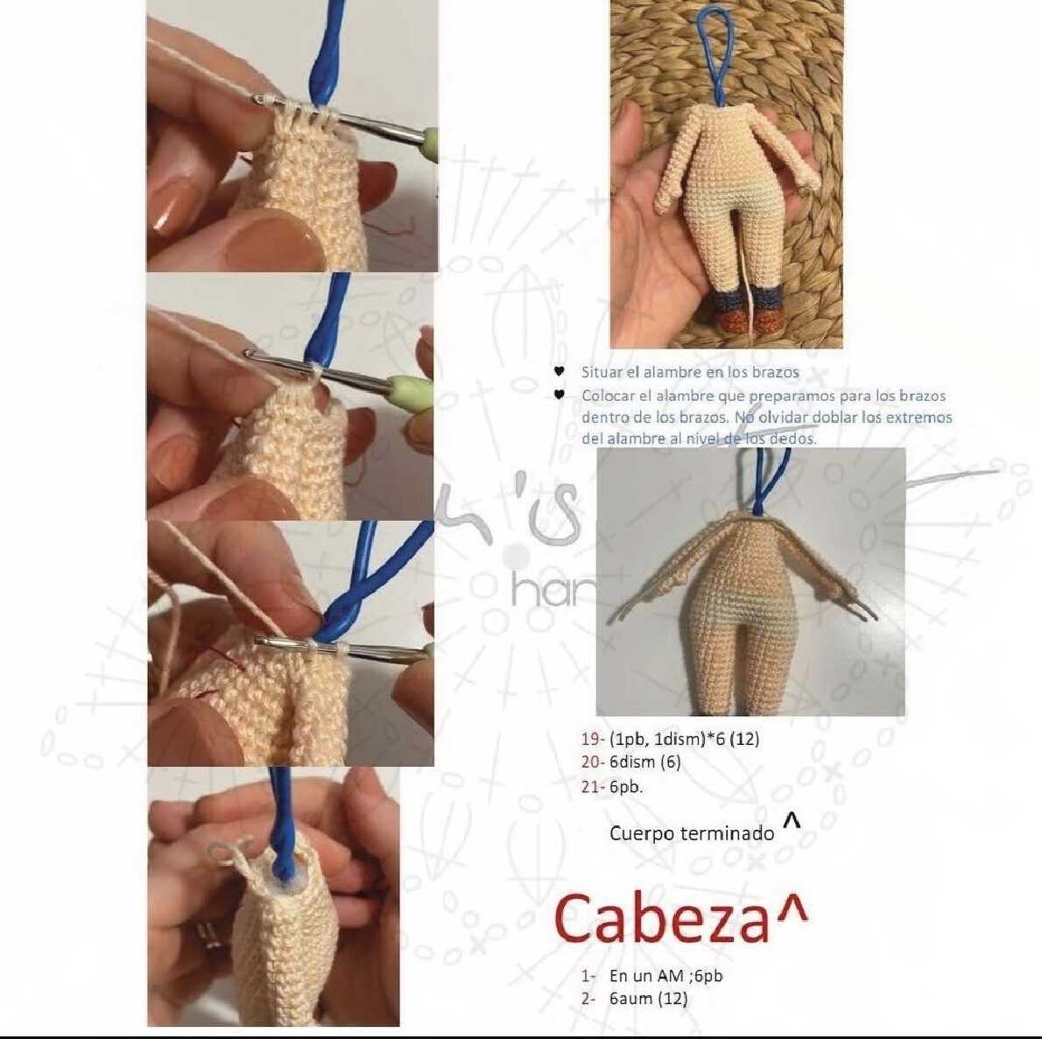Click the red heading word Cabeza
click(662, 918)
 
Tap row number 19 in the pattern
click(591, 739)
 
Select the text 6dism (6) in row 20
click(644, 762)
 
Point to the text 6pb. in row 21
click(626, 787)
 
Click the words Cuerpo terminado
click(692, 833)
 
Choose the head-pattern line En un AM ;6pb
click(665, 976)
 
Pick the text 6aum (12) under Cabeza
click(649, 999)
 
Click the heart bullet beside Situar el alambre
click(560, 372)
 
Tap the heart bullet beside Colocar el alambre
click(560, 396)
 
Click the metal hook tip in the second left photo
click(250, 355)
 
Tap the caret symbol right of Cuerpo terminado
click(792, 821)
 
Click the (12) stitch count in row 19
click(744, 739)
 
